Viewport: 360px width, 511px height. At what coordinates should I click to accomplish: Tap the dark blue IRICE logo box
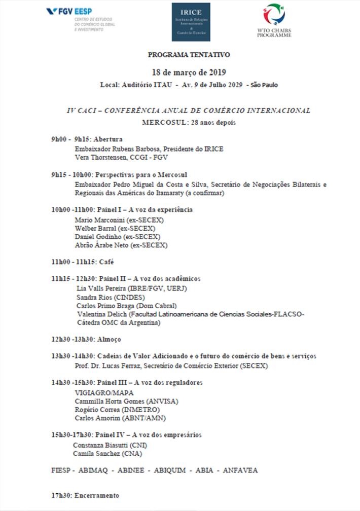coord(191,22)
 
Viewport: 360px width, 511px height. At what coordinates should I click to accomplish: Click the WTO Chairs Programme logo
coord(274,20)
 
